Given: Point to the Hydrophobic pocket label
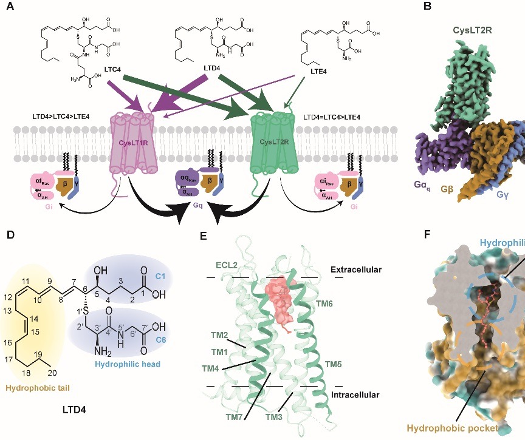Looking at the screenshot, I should pos(452,428).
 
